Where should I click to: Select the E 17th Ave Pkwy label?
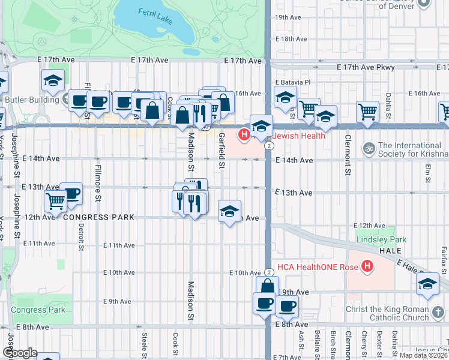366,68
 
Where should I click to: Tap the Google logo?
20,353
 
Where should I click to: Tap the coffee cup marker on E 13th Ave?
71,193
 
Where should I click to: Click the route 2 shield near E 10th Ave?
270,272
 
